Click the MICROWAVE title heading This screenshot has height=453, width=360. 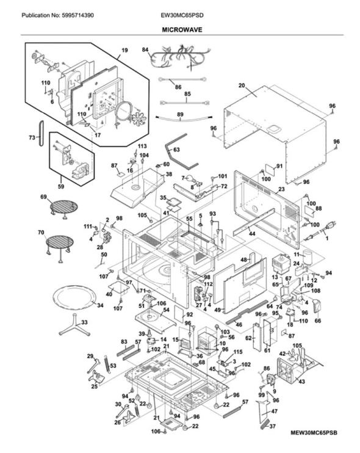click(182, 30)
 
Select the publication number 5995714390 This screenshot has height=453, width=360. click(77, 15)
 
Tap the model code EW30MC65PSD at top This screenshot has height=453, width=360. click(182, 15)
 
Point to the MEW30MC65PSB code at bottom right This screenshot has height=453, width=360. click(314, 433)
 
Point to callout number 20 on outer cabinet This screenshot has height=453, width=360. click(242, 85)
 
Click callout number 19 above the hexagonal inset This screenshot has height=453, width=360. click(124, 51)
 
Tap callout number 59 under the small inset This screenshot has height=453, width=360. click(60, 187)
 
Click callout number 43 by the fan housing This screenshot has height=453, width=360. click(301, 382)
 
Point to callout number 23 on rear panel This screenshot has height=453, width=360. click(281, 189)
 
